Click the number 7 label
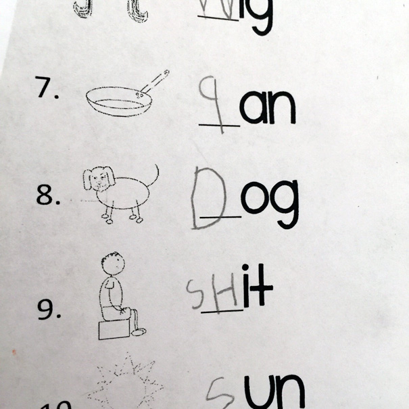pyautogui.click(x=47, y=90)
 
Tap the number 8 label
pyautogui.click(x=49, y=196)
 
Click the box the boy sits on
pyautogui.click(x=114, y=329)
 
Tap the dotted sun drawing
pyautogui.click(x=125, y=385)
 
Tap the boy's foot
pyautogui.click(x=138, y=332)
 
